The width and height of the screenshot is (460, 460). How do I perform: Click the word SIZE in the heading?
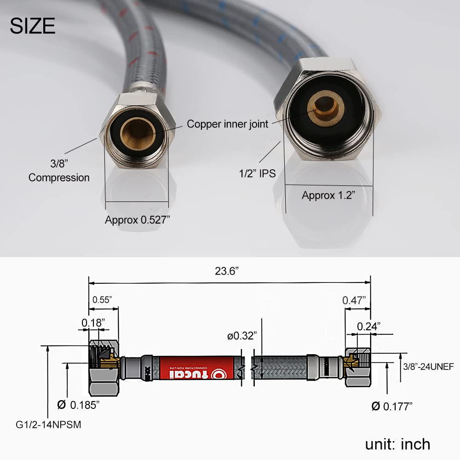coord(33,26)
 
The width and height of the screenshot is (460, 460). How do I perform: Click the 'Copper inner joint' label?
coord(227,124)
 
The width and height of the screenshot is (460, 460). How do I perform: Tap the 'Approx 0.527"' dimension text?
coord(138,219)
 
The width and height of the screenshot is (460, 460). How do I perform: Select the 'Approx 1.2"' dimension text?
coord(329,195)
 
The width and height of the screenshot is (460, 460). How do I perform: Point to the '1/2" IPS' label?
coord(258,173)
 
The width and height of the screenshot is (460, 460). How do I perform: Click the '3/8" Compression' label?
coord(59,171)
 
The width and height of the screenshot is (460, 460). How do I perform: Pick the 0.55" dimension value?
coord(102,299)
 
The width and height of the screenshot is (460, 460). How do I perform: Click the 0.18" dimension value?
coord(93,322)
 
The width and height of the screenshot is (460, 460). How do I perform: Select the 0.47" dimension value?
coord(354,300)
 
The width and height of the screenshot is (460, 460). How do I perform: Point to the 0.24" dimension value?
coord(368,326)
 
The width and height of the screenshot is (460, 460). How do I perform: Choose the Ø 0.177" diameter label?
coord(392,406)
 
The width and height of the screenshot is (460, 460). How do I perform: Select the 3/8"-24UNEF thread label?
coord(428,367)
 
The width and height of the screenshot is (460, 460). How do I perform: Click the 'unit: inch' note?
coord(397,444)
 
